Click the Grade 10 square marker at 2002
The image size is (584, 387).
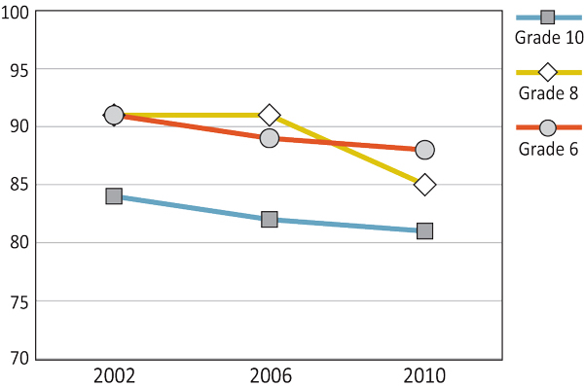tap(114, 196)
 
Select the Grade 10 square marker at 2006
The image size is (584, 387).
tap(270, 220)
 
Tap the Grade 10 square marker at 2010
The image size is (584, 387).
tap(424, 231)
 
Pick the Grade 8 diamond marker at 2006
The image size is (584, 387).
tap(270, 115)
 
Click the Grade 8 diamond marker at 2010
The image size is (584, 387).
tap(424, 185)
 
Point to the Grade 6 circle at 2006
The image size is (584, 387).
tap(270, 138)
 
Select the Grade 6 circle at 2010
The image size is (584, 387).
tap(424, 150)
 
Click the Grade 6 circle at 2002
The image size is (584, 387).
tap(114, 115)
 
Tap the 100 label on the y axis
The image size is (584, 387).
tap(17, 13)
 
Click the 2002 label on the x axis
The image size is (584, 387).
tap(114, 375)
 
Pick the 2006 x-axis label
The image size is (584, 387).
tap(270, 375)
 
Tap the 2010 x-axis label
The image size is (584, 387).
tap(424, 375)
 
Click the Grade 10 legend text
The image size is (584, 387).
tap(548, 38)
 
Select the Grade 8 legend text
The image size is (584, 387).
tap(548, 93)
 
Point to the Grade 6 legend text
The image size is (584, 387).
tap(548, 149)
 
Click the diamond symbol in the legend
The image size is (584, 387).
tap(547, 72)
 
